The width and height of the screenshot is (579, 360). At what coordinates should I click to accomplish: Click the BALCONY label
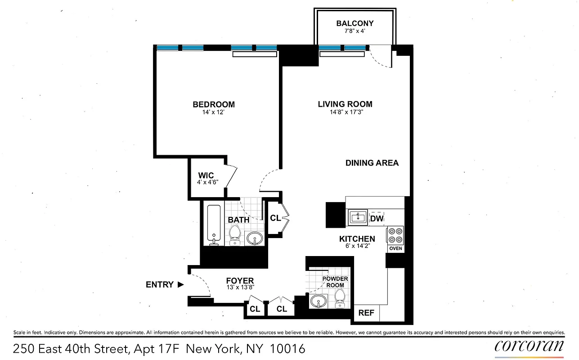tap(355, 23)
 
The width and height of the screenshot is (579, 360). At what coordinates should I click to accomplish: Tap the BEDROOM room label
tap(214, 104)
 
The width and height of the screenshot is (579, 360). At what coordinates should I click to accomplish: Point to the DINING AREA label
tap(372, 163)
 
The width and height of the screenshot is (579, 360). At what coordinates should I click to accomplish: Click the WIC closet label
tap(206, 175)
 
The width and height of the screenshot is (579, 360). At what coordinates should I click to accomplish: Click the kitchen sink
tap(358, 218)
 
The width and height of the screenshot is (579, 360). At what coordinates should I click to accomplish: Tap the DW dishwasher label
tap(377, 219)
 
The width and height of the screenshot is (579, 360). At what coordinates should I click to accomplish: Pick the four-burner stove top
tap(395, 234)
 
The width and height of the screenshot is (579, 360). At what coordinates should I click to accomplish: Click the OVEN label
tap(395, 248)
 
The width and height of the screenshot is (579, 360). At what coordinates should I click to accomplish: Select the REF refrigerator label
tap(366, 313)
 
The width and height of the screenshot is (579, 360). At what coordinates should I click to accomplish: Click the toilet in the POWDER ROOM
tap(340, 298)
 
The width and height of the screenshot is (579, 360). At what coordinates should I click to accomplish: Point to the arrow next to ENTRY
tap(180, 284)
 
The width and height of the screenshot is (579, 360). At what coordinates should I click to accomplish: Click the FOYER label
tap(240, 281)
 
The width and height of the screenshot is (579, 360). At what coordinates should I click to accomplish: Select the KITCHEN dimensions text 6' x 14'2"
tap(357, 246)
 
